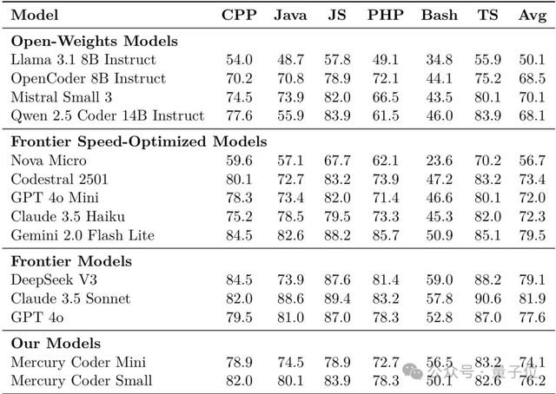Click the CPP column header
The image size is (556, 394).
[x=239, y=15]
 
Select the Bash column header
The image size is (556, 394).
[x=439, y=15]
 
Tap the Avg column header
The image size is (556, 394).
[x=532, y=15]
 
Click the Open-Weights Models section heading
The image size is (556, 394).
[x=94, y=41]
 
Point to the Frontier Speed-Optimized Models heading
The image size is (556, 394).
[x=138, y=141]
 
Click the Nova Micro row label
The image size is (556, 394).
[x=50, y=160]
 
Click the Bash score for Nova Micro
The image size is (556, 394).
[x=439, y=160]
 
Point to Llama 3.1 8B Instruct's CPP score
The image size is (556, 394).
[x=239, y=59]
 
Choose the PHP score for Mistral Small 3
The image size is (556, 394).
[x=384, y=96]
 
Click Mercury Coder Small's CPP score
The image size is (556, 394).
[x=239, y=380]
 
